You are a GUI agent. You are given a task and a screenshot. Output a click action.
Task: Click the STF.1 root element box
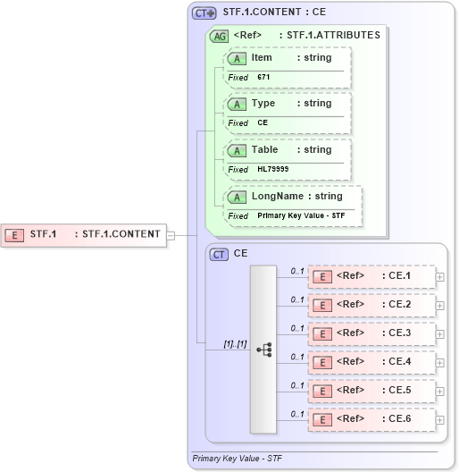[x=85, y=235]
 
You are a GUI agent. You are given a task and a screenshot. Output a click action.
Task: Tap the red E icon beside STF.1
[x=15, y=235]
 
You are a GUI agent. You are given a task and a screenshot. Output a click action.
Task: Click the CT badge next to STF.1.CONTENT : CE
[x=204, y=13]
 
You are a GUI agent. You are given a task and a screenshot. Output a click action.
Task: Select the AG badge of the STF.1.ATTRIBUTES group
[x=218, y=36]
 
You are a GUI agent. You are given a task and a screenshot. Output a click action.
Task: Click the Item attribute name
[x=262, y=57]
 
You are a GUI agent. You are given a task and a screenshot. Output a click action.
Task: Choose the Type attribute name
[x=263, y=104]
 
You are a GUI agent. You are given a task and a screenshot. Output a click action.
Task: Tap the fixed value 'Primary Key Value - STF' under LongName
[x=301, y=215]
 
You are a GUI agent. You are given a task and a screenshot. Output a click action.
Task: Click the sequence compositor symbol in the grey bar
[x=263, y=350]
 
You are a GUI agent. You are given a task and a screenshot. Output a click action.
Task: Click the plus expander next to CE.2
[x=439, y=306]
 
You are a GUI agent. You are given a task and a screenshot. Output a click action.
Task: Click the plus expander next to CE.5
[x=439, y=392]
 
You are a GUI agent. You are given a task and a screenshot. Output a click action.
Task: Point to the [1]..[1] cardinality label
[x=235, y=343]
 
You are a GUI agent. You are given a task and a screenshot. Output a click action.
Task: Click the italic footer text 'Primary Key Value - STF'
[x=237, y=458]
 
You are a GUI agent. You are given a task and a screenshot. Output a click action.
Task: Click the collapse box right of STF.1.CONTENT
[x=171, y=235]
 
